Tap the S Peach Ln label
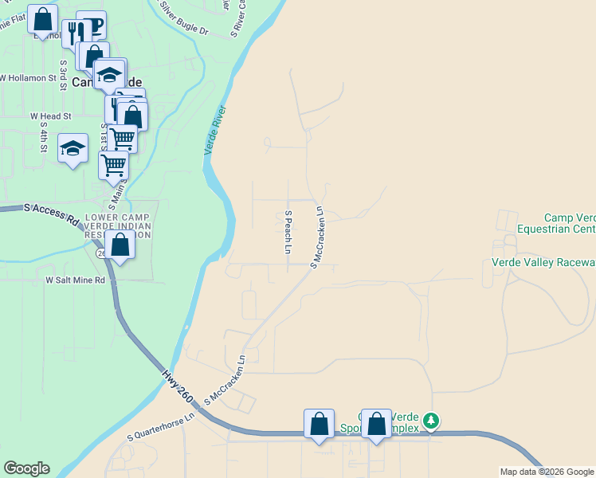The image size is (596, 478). [288, 232]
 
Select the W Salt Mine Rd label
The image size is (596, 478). [75, 280]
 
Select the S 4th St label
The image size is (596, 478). [45, 136]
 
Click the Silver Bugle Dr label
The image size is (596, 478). [183, 19]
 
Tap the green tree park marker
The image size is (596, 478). [431, 420]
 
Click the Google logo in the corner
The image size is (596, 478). [26, 468]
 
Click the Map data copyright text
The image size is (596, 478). [547, 472]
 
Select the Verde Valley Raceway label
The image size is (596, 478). [543, 262]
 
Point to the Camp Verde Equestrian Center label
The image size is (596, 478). [555, 223]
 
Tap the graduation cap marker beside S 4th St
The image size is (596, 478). [73, 148]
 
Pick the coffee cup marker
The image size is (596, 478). [92, 25]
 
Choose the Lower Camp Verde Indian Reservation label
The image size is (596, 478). [118, 225]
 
